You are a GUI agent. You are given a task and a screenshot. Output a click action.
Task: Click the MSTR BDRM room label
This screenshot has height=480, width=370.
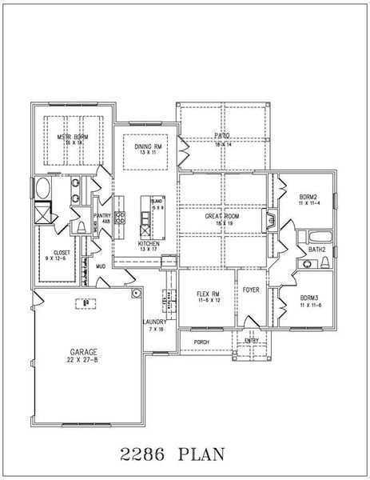pyautogui.click(x=73, y=138)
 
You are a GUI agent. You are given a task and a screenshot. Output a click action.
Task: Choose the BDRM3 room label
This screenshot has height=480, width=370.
pyautogui.click(x=309, y=298)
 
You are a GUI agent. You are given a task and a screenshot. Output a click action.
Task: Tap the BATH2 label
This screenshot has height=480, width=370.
pyautogui.click(x=317, y=250)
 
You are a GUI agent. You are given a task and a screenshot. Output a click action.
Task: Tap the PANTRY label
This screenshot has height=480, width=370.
pyautogui.click(x=102, y=215)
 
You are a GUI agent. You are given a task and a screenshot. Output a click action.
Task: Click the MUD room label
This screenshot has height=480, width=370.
pyautogui.click(x=101, y=266)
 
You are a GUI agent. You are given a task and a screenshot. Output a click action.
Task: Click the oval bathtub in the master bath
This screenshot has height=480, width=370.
pyautogui.click(x=42, y=190)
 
